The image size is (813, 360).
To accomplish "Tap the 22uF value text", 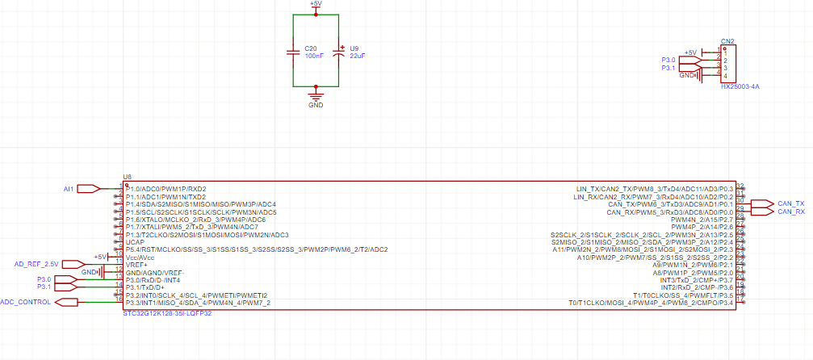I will tap(357, 56).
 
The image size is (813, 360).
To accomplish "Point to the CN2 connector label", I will tap(727, 40).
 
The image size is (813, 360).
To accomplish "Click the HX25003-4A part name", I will tap(740, 86).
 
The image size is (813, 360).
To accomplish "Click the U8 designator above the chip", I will tap(127, 176).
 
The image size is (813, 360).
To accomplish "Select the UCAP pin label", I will tap(136, 242).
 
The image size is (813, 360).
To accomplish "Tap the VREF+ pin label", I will tap(137, 265).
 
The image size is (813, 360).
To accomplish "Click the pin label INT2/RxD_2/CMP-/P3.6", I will tap(696, 287).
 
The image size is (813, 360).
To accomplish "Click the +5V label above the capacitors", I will tap(316, 4).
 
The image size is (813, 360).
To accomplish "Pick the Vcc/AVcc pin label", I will tap(140, 257).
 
